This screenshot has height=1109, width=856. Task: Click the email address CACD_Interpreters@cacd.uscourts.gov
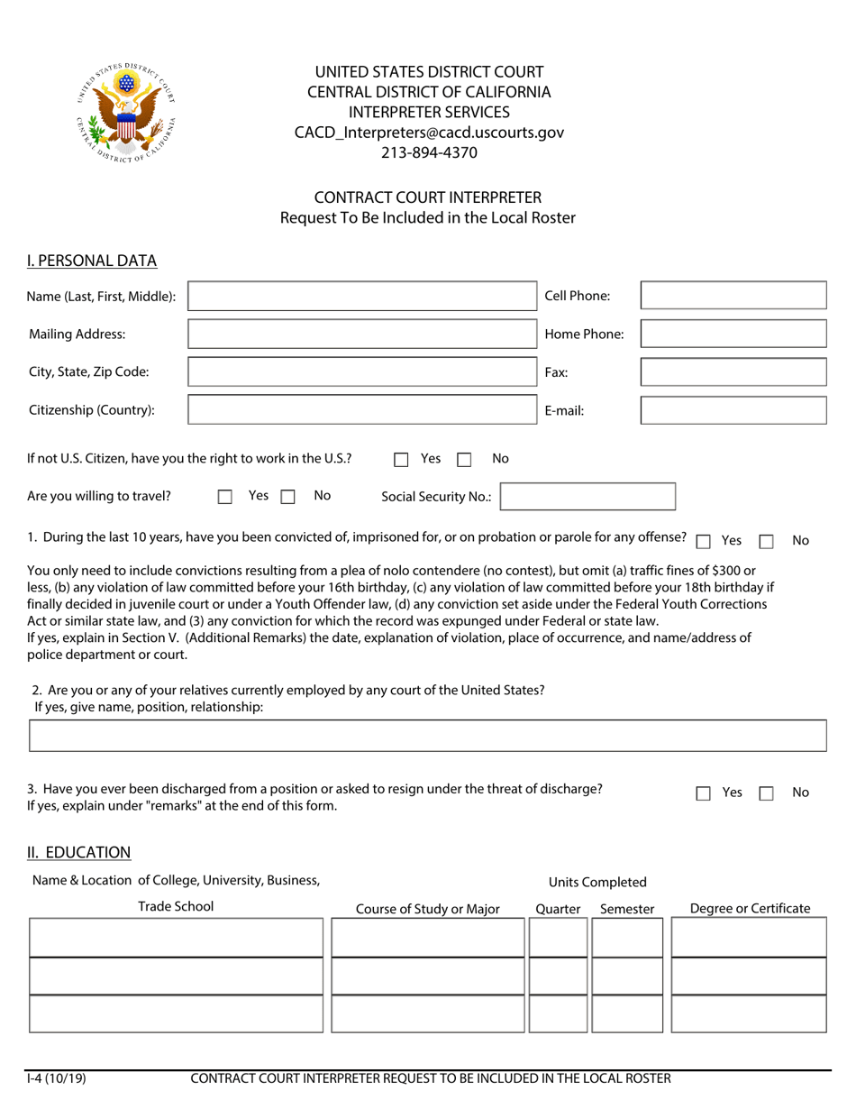(429, 133)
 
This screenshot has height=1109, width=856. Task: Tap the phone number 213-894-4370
(429, 152)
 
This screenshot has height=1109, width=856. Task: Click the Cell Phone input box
(733, 296)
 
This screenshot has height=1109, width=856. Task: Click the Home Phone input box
(733, 334)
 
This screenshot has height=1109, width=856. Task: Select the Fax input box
(733, 371)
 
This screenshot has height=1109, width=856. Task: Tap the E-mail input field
(733, 410)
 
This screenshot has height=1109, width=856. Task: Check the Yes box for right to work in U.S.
(402, 459)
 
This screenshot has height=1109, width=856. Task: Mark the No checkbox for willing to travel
(288, 496)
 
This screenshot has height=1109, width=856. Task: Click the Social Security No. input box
(587, 497)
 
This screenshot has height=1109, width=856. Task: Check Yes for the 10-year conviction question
(704, 541)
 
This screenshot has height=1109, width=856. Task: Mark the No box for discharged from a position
(767, 793)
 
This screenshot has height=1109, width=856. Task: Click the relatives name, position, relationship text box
(428, 736)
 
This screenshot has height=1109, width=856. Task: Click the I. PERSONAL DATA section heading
(92, 261)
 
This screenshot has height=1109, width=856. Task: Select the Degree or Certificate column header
(750, 909)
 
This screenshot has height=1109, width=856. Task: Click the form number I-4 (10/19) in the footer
(57, 1078)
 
